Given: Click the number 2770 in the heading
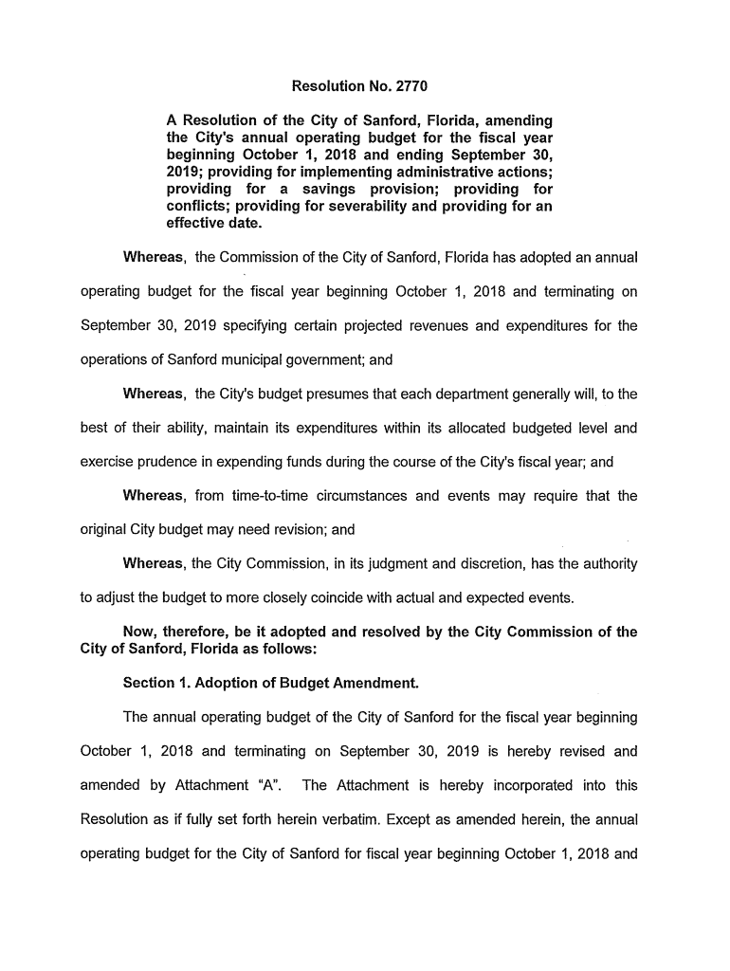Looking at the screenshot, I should [409, 87].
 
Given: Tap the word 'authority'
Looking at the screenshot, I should [607, 564].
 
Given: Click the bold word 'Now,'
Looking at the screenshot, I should [140, 632].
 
